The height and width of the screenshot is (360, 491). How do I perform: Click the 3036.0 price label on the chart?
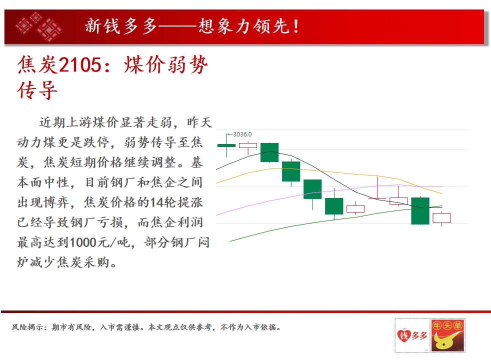tap(242, 134)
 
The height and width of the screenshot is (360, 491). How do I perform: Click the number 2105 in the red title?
tap(80, 65)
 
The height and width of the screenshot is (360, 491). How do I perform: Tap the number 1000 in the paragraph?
tap(82, 242)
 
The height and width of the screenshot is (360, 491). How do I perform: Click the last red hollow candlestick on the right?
tap(441, 218)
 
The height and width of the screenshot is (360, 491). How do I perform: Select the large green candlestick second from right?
tap(420, 210)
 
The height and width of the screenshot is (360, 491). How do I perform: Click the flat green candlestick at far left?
tap(226, 145)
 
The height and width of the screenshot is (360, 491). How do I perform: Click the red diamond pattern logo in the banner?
tap(39, 26)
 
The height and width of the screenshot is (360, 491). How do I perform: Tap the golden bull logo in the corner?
tap(447, 335)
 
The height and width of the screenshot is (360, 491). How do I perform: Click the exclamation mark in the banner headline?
tap(295, 26)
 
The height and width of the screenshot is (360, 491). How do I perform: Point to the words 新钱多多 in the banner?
tap(121, 26)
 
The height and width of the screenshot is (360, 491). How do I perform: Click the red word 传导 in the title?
tap(37, 90)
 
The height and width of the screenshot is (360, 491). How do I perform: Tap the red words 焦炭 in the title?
tap(37, 65)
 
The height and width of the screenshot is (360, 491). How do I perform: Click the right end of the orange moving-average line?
tap(442, 194)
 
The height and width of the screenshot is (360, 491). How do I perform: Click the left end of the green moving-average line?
tap(230, 241)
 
